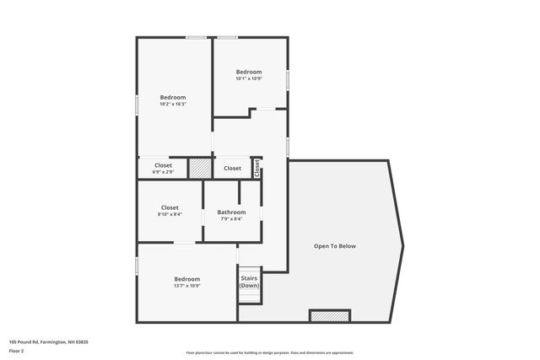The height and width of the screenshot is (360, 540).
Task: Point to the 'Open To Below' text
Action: point(335,246)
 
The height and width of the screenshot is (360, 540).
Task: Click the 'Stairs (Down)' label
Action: point(249,282)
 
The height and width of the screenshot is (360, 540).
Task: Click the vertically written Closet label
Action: point(257,167)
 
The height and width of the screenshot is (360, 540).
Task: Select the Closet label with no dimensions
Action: point(232,168)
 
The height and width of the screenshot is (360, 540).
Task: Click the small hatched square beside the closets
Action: point(199,168)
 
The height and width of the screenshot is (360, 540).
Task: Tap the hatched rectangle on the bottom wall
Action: point(329,315)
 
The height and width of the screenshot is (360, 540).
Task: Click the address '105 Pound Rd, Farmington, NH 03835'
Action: point(48,341)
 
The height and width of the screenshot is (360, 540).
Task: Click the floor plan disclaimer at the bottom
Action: point(269,352)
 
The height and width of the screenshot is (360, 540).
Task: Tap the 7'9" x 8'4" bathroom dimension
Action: point(231,219)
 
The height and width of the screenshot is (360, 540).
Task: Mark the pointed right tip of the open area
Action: point(402,245)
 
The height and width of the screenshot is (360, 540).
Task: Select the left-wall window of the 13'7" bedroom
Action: point(138,266)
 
